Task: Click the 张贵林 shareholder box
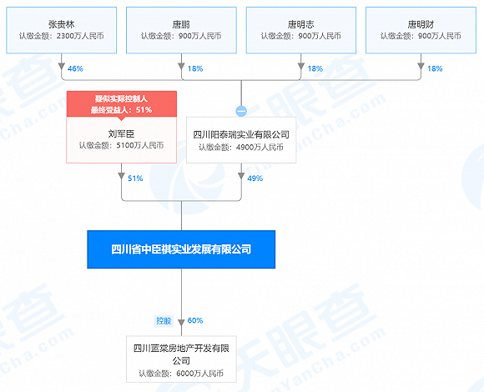(62, 30)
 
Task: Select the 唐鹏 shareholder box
(181, 30)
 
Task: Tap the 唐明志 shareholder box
(301, 30)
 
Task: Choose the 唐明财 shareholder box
(421, 30)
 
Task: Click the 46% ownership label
(75, 68)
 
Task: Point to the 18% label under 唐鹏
(195, 68)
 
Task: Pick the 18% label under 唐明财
(435, 68)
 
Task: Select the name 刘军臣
(121, 133)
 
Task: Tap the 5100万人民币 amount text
(140, 145)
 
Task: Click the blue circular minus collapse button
(241, 111)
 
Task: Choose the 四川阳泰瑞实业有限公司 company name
(241, 134)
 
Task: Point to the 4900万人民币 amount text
(260, 147)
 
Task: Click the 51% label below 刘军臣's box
(135, 178)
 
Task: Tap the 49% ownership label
(255, 178)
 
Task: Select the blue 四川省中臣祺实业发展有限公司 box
(181, 249)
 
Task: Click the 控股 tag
(164, 321)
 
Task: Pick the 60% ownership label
(195, 321)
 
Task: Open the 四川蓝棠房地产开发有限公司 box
(181, 359)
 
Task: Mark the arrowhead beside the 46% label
(62, 67)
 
